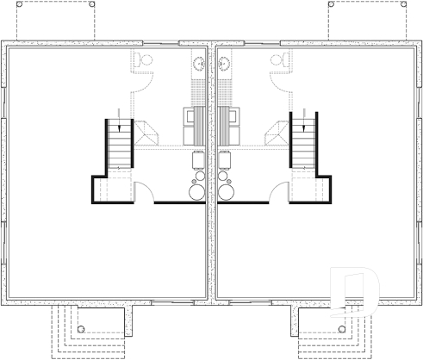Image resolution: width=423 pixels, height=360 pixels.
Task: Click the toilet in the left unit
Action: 144,59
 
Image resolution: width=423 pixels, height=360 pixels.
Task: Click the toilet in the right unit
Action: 280,59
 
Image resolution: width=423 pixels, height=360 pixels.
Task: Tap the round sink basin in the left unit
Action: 199,62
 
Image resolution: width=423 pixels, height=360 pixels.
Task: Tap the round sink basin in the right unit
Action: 225,62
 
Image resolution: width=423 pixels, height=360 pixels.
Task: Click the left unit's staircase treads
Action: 119,146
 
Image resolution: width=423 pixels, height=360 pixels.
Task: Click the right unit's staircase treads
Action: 305,146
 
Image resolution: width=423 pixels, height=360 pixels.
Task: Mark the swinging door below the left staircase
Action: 144,190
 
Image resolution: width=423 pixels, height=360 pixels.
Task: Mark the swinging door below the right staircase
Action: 280,190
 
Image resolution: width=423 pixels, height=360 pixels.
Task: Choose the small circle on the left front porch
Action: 79,328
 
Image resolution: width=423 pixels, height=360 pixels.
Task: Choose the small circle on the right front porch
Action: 343,328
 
